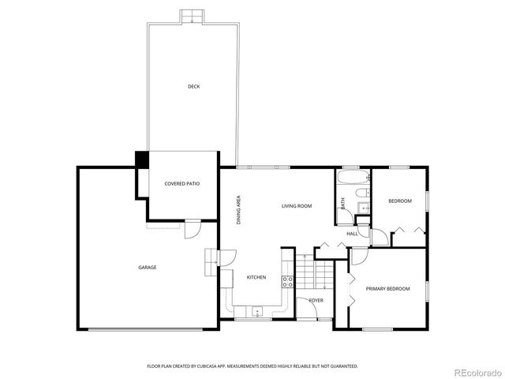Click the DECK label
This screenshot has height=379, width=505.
click(x=193, y=86)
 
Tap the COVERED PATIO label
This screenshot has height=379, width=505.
click(x=181, y=183)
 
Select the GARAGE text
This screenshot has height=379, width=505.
click(x=148, y=267)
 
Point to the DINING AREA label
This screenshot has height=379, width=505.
click(x=239, y=210)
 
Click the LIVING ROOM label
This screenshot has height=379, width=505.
click(x=297, y=206)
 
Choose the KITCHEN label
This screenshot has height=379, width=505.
click(x=256, y=277)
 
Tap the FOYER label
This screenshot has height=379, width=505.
click(x=316, y=301)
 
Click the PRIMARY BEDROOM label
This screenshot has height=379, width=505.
click(x=387, y=289)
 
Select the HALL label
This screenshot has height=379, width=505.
click(x=352, y=234)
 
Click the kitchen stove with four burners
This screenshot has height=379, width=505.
click(x=288, y=280)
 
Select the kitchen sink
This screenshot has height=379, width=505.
click(x=256, y=312)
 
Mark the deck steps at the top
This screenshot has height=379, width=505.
click(x=189, y=17)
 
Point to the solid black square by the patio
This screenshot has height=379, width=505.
click(x=142, y=159)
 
